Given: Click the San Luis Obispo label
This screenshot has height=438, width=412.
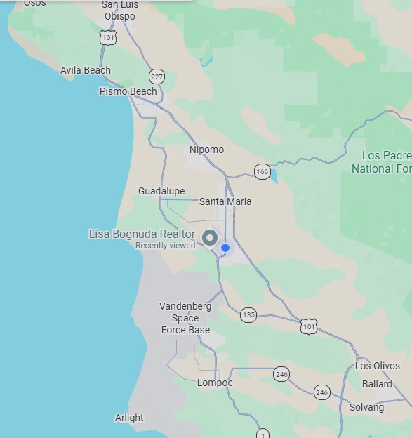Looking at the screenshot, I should pos(119,11).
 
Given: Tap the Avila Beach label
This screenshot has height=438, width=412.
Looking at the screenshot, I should pos(86,70).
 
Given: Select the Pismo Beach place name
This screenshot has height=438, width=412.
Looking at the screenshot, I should pos(128,91).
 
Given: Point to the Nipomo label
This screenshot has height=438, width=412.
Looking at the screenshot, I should pos(206,150).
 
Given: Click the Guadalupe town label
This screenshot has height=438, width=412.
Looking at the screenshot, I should pos(161,191).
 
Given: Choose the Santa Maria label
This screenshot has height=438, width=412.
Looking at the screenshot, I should pos(225,201).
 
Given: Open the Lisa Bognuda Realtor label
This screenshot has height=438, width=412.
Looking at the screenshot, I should pos(142,234).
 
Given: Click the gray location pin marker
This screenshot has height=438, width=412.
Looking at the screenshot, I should pos(210,238).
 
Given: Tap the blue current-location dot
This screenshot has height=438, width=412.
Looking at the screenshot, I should pos(225,248).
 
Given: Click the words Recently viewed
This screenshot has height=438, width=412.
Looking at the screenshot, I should pos(165,246).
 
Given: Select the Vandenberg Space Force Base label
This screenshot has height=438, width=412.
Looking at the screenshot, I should pos(185,318).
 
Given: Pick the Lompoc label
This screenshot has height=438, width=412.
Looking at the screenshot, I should pos(215,383).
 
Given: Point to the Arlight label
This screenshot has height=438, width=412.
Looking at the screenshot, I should pos(129,418).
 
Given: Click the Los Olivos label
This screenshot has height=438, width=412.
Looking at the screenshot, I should pos(377,366).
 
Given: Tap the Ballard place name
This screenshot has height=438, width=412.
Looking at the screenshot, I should pos(377,384).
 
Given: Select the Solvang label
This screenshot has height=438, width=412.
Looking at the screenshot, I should pos(366,407).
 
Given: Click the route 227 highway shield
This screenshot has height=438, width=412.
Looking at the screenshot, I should pos(157,76).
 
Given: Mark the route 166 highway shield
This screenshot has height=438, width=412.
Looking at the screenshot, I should pos(262,171).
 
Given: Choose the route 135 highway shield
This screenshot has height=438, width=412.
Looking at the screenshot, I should pos(248,315).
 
